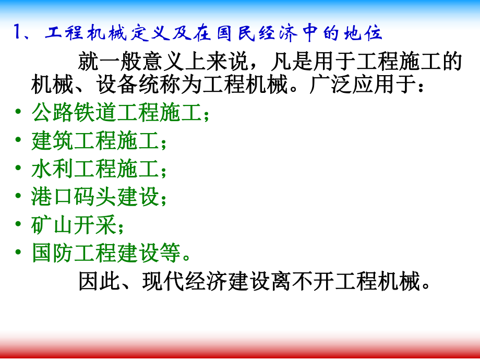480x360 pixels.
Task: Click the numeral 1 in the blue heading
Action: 16,34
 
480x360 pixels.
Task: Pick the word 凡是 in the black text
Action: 292,62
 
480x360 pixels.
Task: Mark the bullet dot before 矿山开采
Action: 19,225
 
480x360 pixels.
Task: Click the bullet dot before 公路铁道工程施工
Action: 19,112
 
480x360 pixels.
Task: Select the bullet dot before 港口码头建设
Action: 19,197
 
